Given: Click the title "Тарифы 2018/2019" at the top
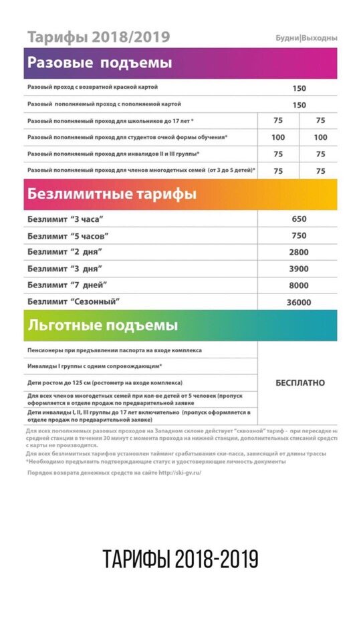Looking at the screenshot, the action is [x=98, y=37].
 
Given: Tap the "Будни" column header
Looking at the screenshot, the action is [x=287, y=38].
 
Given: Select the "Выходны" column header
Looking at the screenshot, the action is [x=319, y=38].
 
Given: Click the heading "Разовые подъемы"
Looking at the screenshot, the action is [x=100, y=63].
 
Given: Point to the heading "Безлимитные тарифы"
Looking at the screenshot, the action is [x=112, y=195].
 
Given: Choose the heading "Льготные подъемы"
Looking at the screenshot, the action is [x=102, y=326].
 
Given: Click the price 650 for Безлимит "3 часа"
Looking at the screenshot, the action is [x=299, y=219].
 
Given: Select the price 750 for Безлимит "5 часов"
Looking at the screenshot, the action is [x=299, y=236].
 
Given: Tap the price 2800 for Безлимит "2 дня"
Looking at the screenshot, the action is [x=299, y=253].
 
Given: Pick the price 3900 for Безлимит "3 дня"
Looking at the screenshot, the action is [x=299, y=269].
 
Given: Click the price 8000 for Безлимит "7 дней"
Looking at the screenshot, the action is [x=299, y=286].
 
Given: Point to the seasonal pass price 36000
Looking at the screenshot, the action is [x=299, y=303].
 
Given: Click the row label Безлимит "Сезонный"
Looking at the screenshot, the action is [x=78, y=302].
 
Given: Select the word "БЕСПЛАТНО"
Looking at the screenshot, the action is [x=300, y=383].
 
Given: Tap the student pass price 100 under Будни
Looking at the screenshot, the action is [x=278, y=138].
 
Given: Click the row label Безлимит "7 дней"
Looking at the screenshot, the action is [x=68, y=285].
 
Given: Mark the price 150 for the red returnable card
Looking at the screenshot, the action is [x=299, y=88].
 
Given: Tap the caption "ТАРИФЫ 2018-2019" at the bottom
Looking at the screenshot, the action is [x=180, y=559].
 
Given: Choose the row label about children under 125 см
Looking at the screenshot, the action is [x=104, y=383].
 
